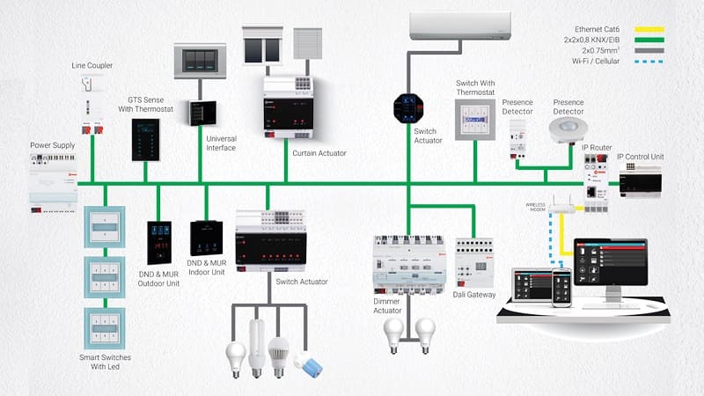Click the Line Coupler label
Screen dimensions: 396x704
point(92,66)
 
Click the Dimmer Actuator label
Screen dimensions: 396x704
point(387,305)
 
